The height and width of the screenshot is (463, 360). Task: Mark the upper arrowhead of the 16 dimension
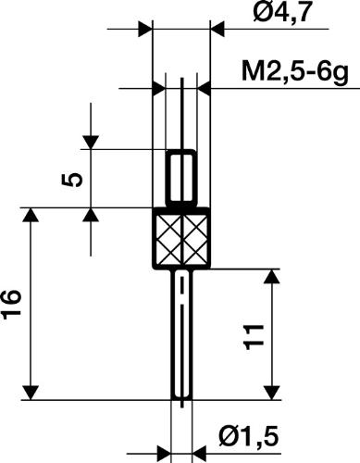tap(32, 217)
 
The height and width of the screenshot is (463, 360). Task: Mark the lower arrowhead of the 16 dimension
tap(32, 390)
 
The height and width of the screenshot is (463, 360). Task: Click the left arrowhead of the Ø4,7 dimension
tap(143, 30)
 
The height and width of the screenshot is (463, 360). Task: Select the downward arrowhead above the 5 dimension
tap(91, 141)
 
